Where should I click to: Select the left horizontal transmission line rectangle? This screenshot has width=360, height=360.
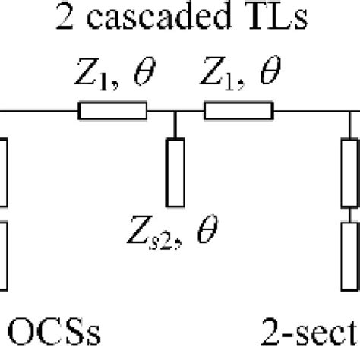[x=112, y=112]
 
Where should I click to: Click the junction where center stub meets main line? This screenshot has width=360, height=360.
[x=175, y=112]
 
